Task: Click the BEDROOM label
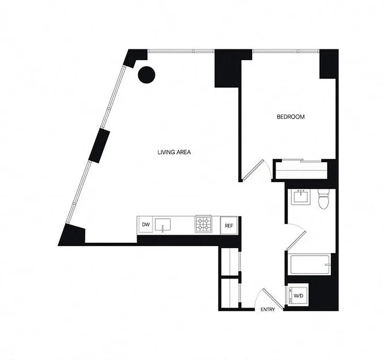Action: coord(290,117)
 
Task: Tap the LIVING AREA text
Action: coord(174,152)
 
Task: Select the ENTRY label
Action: coord(268,310)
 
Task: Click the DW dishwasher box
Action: coord(145,224)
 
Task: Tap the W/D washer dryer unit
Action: coord(298,296)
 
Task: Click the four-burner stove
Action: coord(203,225)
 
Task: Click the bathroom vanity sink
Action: coord(300,197)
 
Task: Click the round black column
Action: coord(147,74)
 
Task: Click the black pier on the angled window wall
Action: coord(99,146)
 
